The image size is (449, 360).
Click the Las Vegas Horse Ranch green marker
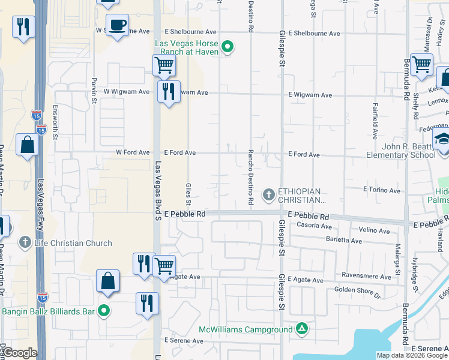(x=228, y=46)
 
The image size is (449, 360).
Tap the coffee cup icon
(x=117, y=25)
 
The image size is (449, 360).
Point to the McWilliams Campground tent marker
(x=302, y=329)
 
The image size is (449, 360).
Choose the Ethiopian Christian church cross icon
(x=268, y=194)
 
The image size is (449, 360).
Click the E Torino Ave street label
(x=382, y=190)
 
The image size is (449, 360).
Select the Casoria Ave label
(x=315, y=226)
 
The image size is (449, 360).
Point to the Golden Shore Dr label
(x=358, y=292)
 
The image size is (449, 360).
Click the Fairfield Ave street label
(x=375, y=125)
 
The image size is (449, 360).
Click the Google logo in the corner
(x=19, y=353)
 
